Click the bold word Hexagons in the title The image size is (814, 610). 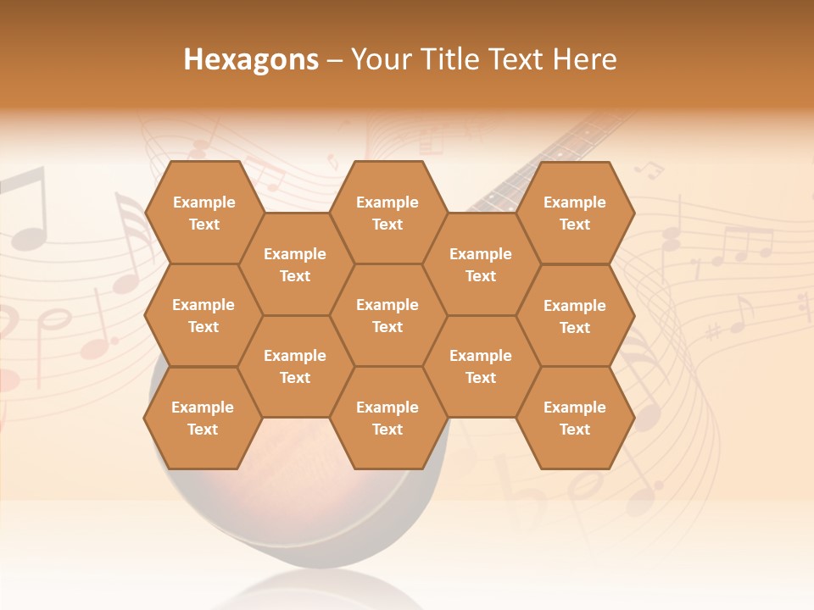[251, 59]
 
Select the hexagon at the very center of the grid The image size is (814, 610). [387, 315]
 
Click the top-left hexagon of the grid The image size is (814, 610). [203, 213]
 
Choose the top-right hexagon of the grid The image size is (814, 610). [575, 213]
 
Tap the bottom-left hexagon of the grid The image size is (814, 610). [203, 418]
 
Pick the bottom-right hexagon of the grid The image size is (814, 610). [575, 418]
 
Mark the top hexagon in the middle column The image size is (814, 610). [387, 213]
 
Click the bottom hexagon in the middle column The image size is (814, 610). [387, 418]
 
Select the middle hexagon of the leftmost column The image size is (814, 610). [203, 315]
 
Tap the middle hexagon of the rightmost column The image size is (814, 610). [575, 316]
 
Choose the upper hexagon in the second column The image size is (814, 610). [295, 264]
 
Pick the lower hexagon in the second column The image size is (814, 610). [295, 366]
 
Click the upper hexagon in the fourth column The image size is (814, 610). [481, 264]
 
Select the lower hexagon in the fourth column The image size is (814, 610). [481, 366]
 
